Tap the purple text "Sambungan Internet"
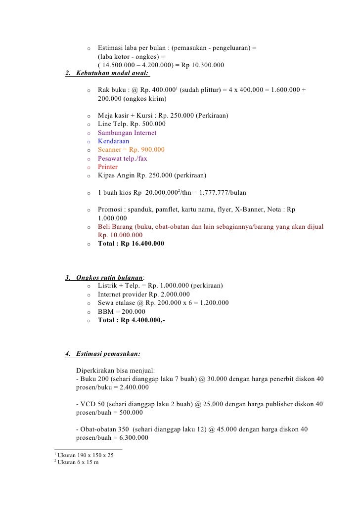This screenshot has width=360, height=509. click(x=127, y=133)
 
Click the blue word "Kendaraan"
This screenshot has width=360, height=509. click(x=114, y=141)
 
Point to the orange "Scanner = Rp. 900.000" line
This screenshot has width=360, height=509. click(x=131, y=150)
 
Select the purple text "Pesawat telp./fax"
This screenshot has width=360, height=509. click(x=122, y=159)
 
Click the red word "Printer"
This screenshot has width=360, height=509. click(x=108, y=167)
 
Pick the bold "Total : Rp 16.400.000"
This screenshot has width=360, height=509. click(x=131, y=244)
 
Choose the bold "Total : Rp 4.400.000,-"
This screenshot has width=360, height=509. click(x=132, y=320)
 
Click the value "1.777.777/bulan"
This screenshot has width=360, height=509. click(x=221, y=192)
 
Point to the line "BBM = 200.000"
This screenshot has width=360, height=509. click(x=122, y=311)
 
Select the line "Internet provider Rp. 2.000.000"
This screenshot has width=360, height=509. click(x=144, y=295)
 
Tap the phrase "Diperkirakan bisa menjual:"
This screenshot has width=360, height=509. click(x=115, y=370)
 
